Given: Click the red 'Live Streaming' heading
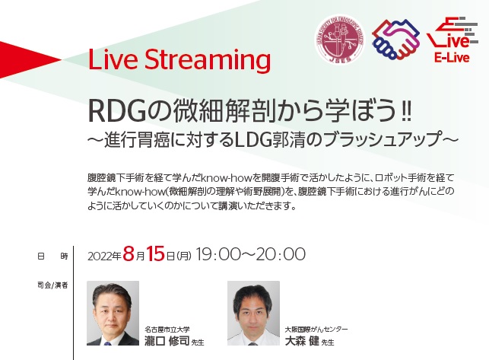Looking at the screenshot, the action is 179,60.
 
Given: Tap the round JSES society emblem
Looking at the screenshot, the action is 339,40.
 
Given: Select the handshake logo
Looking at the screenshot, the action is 395,40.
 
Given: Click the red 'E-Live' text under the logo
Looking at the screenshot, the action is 452,58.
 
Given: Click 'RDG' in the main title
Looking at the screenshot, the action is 117,111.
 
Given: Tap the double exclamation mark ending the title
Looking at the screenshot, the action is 405,111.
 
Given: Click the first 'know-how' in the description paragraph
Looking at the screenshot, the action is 227,178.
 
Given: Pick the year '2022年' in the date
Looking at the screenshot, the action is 104,256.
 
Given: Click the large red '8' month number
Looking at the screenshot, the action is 129,253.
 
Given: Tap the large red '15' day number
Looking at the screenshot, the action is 155,253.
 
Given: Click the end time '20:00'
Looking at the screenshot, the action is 280,254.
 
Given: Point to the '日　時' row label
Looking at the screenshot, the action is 52,256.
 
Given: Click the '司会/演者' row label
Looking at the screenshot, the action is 52,285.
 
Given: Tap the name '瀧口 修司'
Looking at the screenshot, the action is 167,341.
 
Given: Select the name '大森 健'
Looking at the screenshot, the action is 302,341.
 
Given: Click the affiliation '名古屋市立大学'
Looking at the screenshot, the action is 167,329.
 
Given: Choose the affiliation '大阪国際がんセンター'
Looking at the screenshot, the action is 316,329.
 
